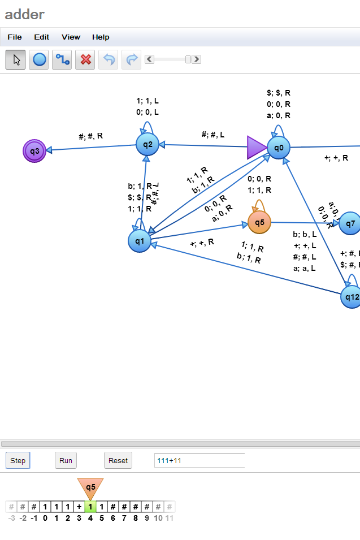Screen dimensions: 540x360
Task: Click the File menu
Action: point(15,37)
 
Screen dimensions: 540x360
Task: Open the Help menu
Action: point(101,37)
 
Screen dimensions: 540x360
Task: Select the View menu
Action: point(71,37)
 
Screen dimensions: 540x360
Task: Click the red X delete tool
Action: point(85,59)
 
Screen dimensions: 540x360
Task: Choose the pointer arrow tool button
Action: point(16,59)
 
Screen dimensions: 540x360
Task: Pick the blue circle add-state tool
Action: point(39,59)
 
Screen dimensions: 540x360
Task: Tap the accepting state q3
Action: point(34,151)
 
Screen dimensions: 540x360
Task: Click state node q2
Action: point(148,144)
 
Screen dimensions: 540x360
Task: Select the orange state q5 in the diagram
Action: point(259,222)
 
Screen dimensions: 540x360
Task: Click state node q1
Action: point(140,241)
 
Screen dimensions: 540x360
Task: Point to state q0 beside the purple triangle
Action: point(279,148)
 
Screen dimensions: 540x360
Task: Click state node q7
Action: point(350,223)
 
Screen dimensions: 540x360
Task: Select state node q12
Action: point(351,297)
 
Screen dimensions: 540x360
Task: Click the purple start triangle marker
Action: point(255,148)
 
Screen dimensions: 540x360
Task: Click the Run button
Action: point(66,460)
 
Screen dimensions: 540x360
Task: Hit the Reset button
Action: point(118,460)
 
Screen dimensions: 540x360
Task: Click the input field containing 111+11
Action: point(199,460)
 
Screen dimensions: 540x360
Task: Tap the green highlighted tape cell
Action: point(90,507)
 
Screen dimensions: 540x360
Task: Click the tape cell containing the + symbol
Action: point(79,507)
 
